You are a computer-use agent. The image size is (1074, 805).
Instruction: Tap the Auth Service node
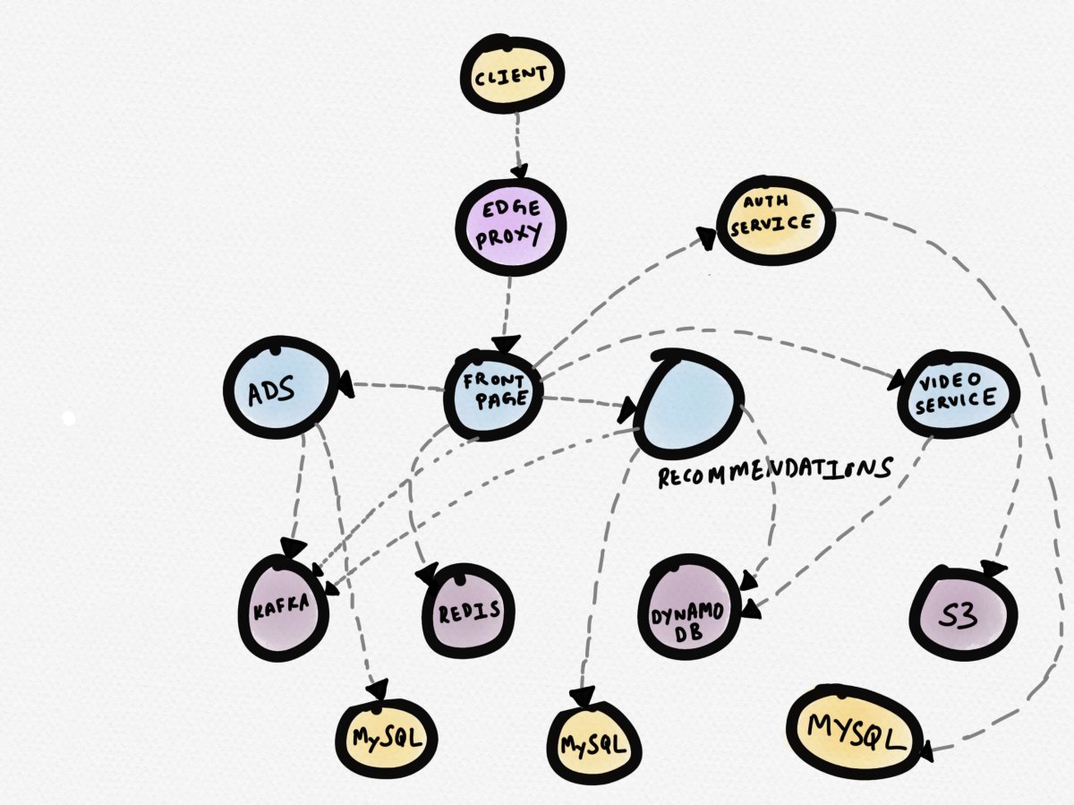[x=775, y=220]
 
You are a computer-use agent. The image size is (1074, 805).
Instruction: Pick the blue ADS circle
[x=278, y=390]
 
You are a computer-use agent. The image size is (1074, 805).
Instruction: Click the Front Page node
[x=495, y=393]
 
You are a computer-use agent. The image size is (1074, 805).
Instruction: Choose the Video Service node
[x=958, y=395]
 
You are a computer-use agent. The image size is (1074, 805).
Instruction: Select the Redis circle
[x=468, y=612]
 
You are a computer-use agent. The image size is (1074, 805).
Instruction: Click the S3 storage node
[x=963, y=612]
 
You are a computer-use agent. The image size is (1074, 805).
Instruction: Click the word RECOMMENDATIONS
[x=775, y=472]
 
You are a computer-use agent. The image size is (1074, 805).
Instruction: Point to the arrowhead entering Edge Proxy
[x=518, y=176]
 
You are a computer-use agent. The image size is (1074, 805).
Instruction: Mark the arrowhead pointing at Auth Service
[x=708, y=238]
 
